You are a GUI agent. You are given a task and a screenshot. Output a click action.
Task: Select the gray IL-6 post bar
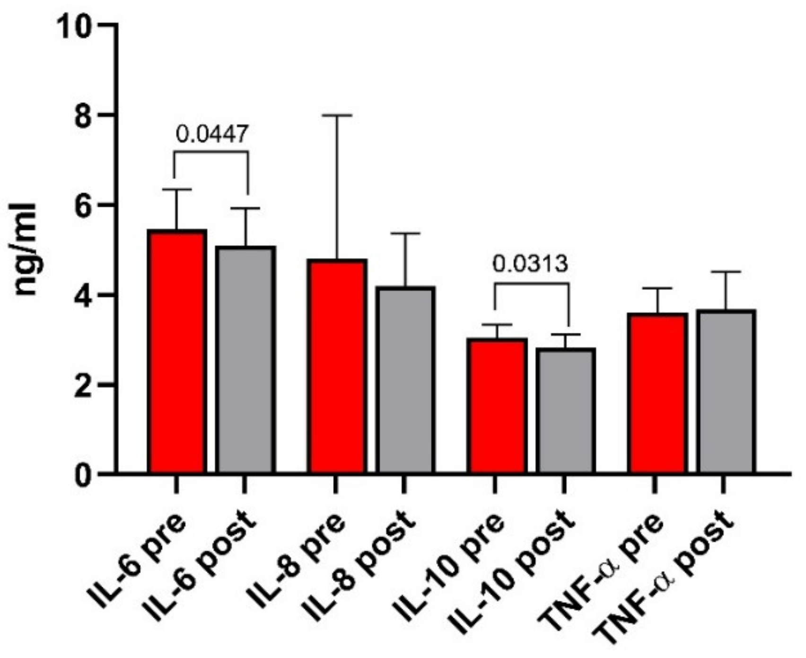pyautogui.click(x=245, y=359)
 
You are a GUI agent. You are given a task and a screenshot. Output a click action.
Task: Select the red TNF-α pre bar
pyautogui.click(x=657, y=393)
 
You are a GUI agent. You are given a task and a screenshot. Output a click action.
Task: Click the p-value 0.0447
pyautogui.click(x=211, y=134)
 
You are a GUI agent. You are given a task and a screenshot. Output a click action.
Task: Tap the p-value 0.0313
pyautogui.click(x=530, y=264)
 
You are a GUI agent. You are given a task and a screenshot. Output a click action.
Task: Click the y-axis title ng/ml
pyautogui.click(x=25, y=249)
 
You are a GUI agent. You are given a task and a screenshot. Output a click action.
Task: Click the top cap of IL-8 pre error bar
pyautogui.click(x=337, y=115)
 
